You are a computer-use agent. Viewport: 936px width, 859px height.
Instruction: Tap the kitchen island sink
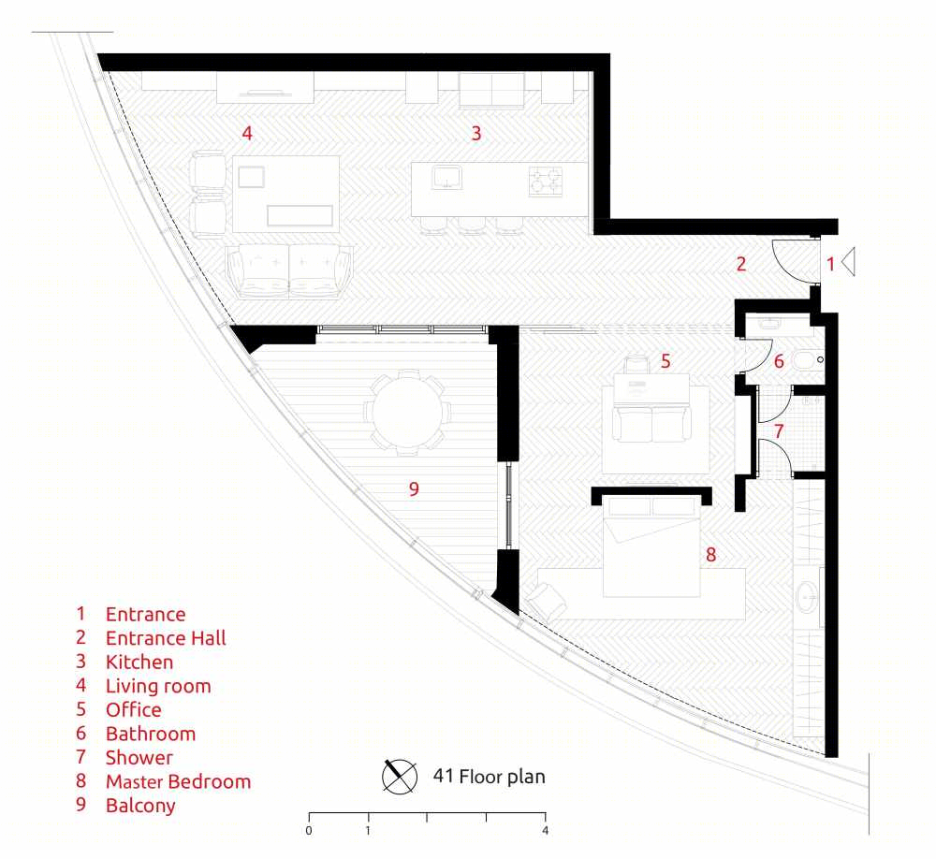pyautogui.click(x=447, y=178)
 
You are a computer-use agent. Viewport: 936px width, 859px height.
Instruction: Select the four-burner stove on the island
pyautogui.click(x=546, y=182)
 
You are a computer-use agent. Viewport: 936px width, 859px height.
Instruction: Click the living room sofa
pyautogui.click(x=289, y=271)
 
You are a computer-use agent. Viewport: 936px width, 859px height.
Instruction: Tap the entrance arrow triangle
pyautogui.click(x=848, y=261)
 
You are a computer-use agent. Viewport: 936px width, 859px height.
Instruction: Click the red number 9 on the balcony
pyautogui.click(x=414, y=488)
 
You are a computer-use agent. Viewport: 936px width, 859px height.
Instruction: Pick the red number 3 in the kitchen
pyautogui.click(x=475, y=133)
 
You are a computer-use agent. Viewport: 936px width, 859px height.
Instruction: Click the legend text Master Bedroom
pyautogui.click(x=178, y=781)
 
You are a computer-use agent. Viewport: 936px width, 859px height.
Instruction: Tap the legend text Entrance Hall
pyautogui.click(x=166, y=638)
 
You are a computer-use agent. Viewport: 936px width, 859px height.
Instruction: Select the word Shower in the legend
pyautogui.click(x=139, y=758)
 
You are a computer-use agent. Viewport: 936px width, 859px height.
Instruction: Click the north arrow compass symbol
pyautogui.click(x=400, y=777)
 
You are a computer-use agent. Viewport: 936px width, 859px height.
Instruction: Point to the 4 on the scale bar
pyautogui.click(x=545, y=830)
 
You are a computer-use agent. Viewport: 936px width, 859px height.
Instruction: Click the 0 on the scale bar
pyautogui.click(x=309, y=830)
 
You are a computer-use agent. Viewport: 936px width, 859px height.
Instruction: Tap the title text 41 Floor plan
pyautogui.click(x=489, y=776)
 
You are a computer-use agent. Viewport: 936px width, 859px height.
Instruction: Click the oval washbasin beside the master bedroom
pyautogui.click(x=808, y=596)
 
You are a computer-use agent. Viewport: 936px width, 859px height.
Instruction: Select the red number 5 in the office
pyautogui.click(x=665, y=360)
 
